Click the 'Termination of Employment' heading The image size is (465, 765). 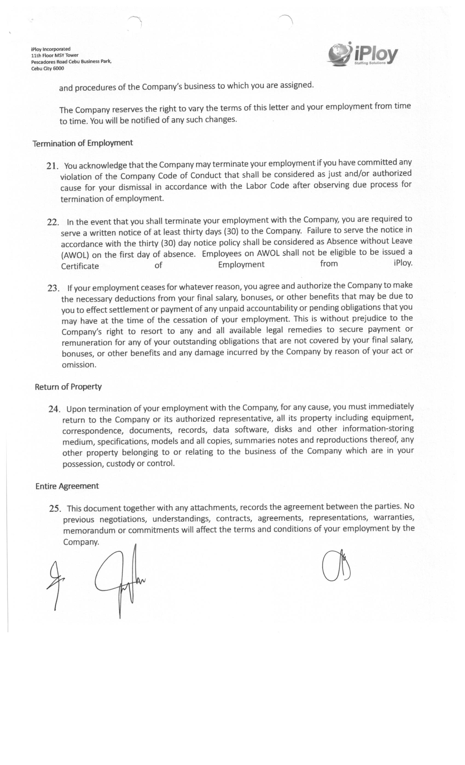click(x=83, y=143)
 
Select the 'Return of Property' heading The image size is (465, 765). click(x=68, y=387)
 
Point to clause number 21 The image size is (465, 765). click(x=53, y=166)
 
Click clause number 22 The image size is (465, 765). click(x=53, y=222)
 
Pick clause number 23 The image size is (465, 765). click(x=53, y=289)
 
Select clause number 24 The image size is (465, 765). click(x=54, y=409)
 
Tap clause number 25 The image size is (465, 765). click(x=55, y=508)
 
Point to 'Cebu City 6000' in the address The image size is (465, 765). click(x=48, y=69)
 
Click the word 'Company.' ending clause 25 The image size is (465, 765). click(x=81, y=542)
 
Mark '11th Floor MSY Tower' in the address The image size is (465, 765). click(x=55, y=55)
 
